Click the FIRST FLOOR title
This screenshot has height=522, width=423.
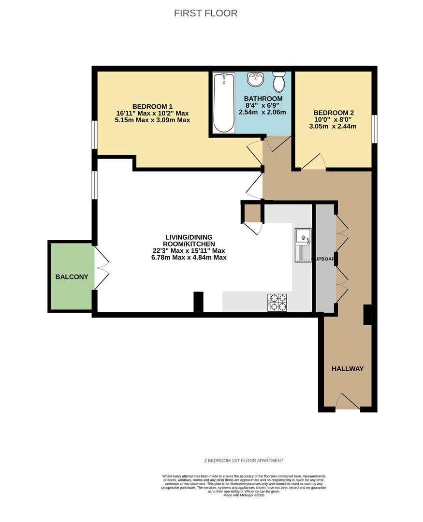pos(205,13)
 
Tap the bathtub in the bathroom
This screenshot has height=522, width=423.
pos(224,102)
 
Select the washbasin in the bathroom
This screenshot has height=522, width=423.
pos(255,79)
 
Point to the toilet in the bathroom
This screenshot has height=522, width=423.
pos(278,82)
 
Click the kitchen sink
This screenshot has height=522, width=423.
pos(304,244)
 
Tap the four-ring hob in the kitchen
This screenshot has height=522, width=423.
pos(277,302)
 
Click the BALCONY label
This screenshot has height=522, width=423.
pos(72,277)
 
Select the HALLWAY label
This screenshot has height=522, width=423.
pos(347,369)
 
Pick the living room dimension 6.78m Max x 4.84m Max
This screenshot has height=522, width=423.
pos(188,258)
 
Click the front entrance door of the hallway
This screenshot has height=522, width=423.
pos(348,403)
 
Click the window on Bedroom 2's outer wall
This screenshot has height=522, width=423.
pos(374,129)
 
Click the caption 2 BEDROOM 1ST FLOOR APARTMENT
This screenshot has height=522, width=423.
pos(244,461)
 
